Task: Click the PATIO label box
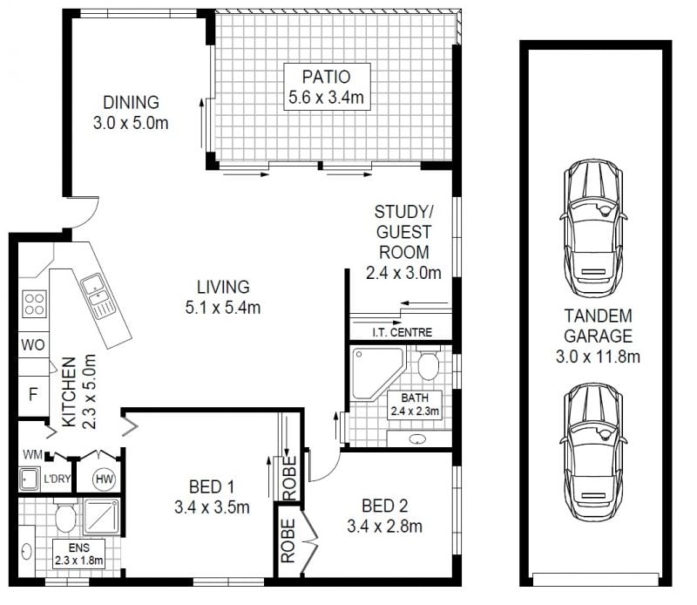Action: [328, 87]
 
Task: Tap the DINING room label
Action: [131, 103]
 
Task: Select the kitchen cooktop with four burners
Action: [34, 304]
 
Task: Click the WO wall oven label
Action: [33, 344]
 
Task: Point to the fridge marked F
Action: [32, 394]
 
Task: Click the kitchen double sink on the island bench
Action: [98, 296]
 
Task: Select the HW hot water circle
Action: [105, 479]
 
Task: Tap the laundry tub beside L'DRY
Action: [30, 479]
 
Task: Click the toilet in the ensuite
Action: [65, 515]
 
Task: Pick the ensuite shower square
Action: [101, 516]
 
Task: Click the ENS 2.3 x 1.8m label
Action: [78, 554]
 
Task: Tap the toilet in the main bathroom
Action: [428, 363]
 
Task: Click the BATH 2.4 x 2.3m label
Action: [415, 404]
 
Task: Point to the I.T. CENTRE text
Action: [402, 332]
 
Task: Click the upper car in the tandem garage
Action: [593, 228]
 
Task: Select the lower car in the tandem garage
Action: [593, 452]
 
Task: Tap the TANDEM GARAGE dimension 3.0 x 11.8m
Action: [598, 357]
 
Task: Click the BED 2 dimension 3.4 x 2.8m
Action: [384, 527]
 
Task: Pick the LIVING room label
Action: [223, 287]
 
